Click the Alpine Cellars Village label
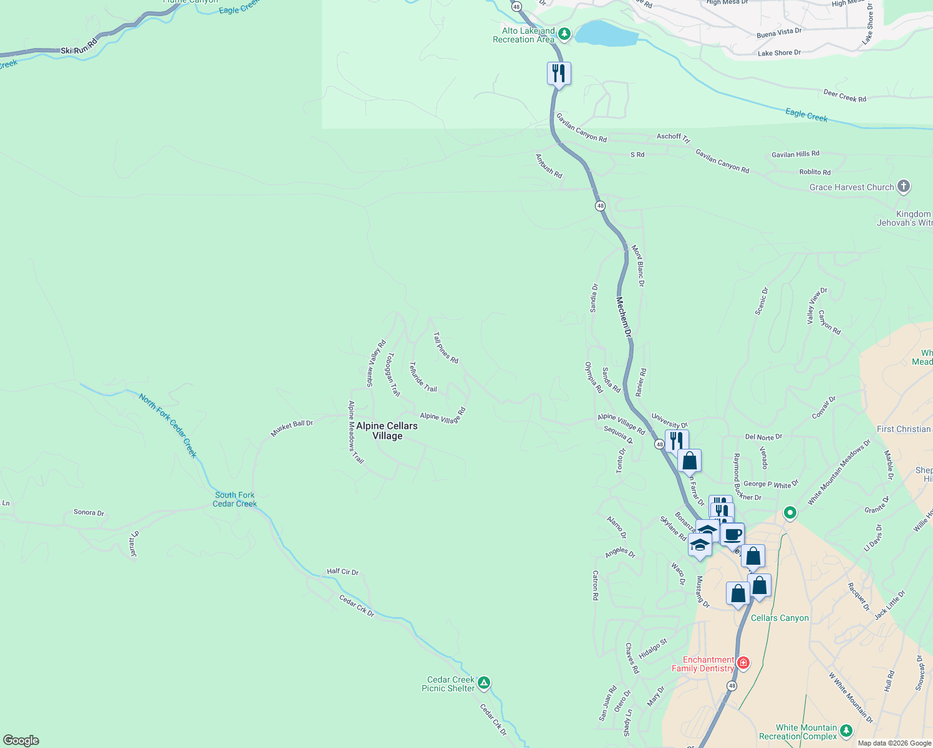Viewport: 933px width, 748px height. [x=387, y=431]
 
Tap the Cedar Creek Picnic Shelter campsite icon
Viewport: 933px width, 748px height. [x=484, y=683]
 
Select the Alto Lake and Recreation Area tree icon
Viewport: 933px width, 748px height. [x=564, y=34]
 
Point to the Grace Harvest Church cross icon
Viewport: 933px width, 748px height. [x=904, y=186]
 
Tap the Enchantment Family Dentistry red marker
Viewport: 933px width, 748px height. [x=743, y=663]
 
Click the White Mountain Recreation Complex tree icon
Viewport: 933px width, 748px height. [x=846, y=731]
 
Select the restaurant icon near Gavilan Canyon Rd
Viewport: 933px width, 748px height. [x=559, y=74]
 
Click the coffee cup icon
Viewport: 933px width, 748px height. [x=733, y=535]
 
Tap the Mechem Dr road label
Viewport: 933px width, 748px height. [x=624, y=317]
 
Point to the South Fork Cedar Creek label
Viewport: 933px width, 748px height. [x=234, y=499]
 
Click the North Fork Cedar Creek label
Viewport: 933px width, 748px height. [x=168, y=425]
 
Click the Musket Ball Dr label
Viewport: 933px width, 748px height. [x=291, y=428]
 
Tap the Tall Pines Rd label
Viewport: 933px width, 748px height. [x=446, y=347]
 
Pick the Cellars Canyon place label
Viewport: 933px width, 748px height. [x=780, y=618]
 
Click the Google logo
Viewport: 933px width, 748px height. [x=21, y=741]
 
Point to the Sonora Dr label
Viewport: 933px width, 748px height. [x=89, y=512]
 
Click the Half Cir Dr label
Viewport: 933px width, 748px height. [x=342, y=572]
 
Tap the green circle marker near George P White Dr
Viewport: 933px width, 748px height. [x=790, y=513]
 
